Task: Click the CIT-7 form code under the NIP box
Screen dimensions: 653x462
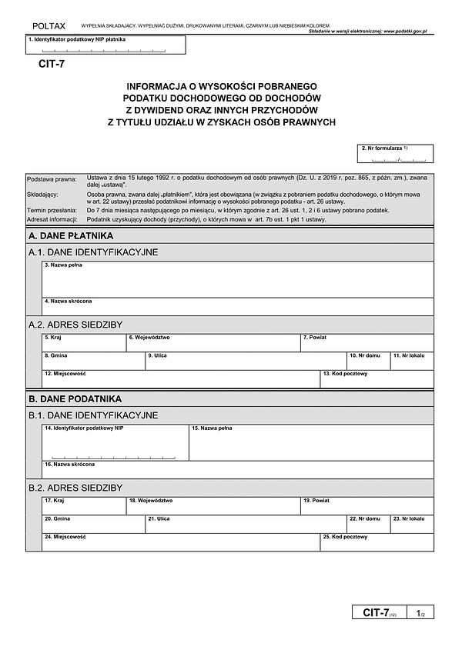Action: [x=52, y=64]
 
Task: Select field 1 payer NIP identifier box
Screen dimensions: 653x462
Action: [x=105, y=45]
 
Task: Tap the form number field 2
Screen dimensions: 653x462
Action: [x=395, y=154]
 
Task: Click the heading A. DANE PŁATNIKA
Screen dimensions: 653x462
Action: [x=71, y=235]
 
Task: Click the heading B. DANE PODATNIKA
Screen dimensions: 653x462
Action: [x=75, y=399]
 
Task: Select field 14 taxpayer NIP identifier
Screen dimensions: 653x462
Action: [x=115, y=442]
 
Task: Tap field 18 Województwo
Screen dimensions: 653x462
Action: [x=213, y=505]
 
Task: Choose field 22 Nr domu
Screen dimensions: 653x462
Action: [x=368, y=524]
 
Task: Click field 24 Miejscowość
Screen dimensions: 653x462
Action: [x=181, y=542]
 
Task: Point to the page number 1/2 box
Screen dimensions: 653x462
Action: [x=420, y=613]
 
